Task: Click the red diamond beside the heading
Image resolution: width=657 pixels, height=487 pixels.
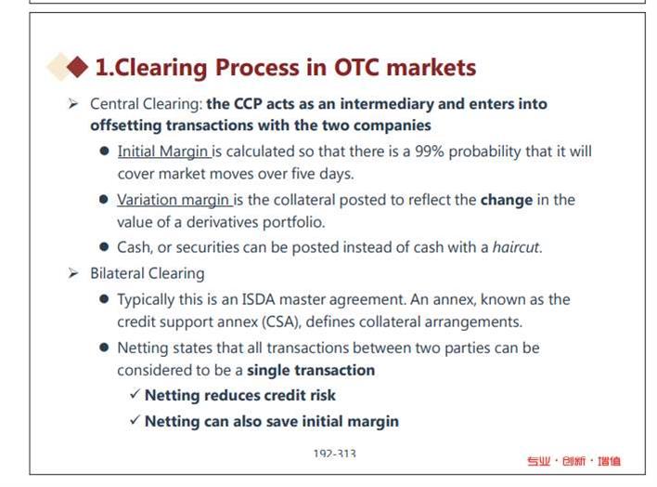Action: pos(77,67)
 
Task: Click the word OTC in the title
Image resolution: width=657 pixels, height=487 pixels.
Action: pos(357,67)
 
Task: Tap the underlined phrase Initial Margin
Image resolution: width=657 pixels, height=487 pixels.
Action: pos(162,151)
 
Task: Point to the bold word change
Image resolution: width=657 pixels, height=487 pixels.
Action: pos(507,200)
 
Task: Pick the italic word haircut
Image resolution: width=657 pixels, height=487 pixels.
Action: pos(516,247)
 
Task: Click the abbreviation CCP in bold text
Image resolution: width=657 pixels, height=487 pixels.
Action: pos(248,104)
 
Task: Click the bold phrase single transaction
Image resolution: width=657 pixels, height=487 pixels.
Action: pos(311,370)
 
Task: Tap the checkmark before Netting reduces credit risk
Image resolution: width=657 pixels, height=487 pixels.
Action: pos(135,394)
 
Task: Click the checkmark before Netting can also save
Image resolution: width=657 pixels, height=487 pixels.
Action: pos(135,420)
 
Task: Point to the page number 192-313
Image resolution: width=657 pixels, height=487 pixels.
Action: pos(335,454)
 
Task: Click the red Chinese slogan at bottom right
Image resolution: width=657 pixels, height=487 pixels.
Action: pos(574,461)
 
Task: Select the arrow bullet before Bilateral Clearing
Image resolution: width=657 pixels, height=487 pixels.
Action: pos(73,274)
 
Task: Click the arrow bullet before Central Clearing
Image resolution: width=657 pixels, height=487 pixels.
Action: pos(73,104)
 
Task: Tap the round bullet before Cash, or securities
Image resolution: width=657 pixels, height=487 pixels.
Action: pos(104,246)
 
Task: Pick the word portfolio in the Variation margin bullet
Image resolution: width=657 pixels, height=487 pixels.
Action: pos(294,222)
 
